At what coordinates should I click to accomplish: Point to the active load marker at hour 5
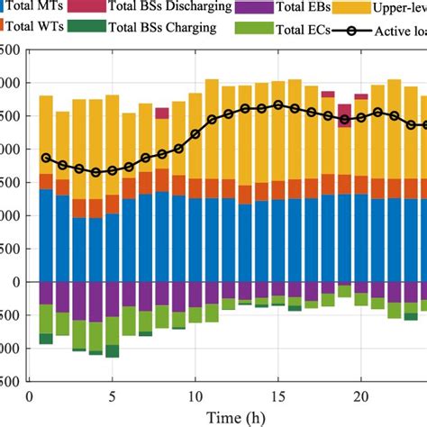[x=113, y=170]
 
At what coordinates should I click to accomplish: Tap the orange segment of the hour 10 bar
[x=195, y=187]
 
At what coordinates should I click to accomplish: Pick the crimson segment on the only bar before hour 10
[x=162, y=113]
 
